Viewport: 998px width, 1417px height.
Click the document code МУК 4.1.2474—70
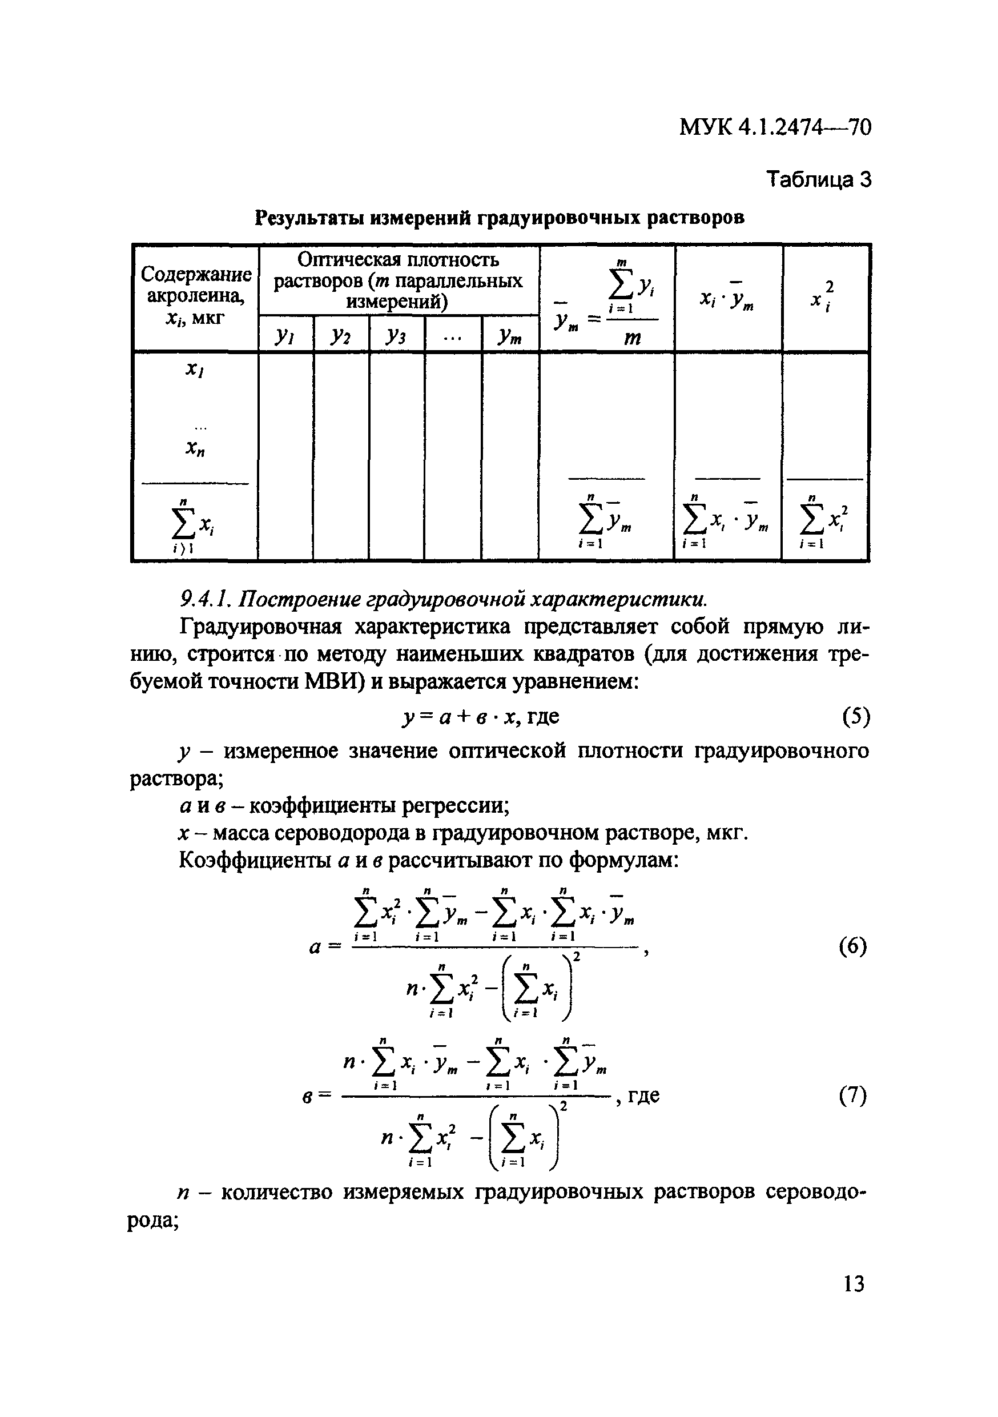click(775, 128)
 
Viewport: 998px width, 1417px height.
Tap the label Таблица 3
click(818, 179)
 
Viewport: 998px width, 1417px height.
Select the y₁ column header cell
click(285, 335)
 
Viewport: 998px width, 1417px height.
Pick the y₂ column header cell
click(340, 335)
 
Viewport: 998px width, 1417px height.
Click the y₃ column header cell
click(396, 335)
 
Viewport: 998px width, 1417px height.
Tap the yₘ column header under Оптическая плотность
click(510, 335)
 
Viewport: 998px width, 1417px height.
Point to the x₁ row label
click(195, 370)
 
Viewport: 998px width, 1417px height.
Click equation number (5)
click(855, 717)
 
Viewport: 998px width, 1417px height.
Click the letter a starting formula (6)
click(315, 948)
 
